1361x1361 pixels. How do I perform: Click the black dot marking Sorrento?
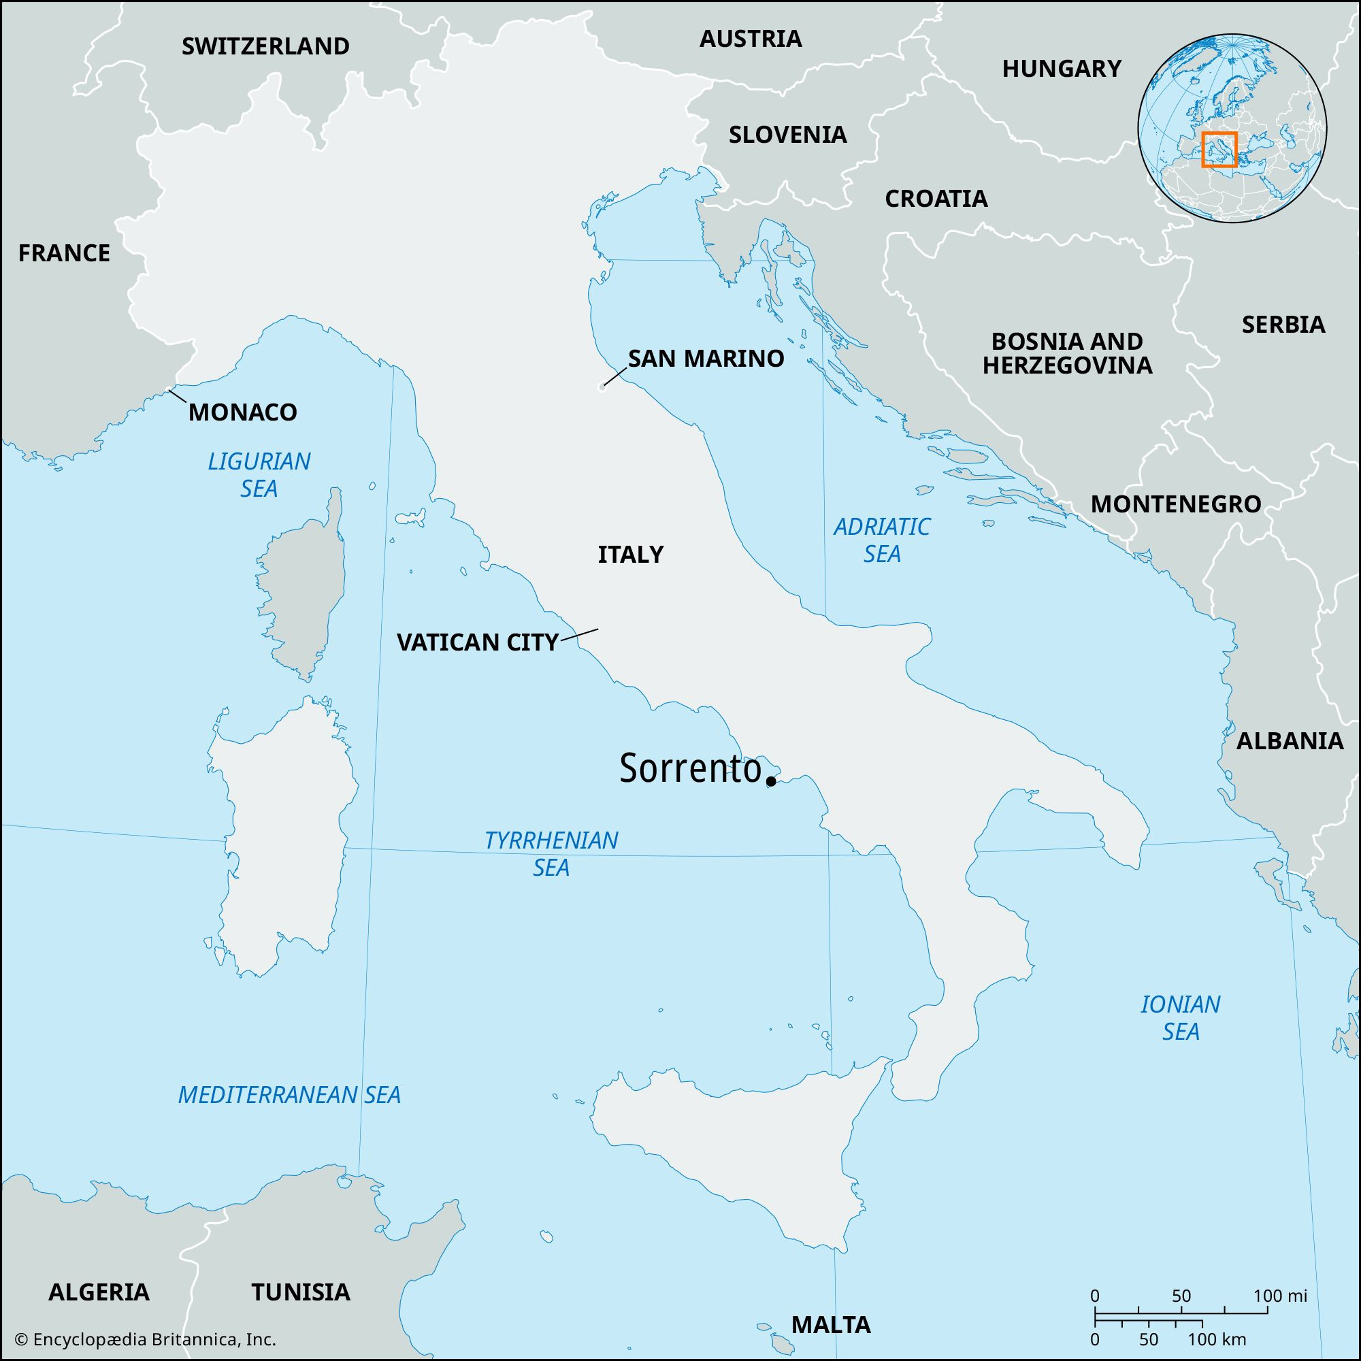[772, 781]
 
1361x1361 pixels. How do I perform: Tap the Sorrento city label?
[690, 769]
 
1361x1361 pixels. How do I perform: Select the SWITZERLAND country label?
[265, 46]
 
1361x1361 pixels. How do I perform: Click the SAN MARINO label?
[706, 359]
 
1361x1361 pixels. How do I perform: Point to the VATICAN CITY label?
[478, 642]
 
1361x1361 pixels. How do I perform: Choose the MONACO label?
[242, 412]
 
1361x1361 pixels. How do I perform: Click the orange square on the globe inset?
[1219, 149]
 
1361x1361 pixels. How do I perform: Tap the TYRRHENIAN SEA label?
[551, 854]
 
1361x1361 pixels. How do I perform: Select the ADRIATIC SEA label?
[882, 540]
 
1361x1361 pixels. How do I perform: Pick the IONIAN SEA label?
[1181, 1018]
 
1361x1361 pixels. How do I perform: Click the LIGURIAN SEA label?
[259, 475]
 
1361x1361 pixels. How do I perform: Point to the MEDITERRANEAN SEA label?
[289, 1095]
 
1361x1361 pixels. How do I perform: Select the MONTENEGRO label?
[1176, 504]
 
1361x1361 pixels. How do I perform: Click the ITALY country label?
[631, 555]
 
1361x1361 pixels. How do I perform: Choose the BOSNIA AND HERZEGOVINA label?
[1066, 353]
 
